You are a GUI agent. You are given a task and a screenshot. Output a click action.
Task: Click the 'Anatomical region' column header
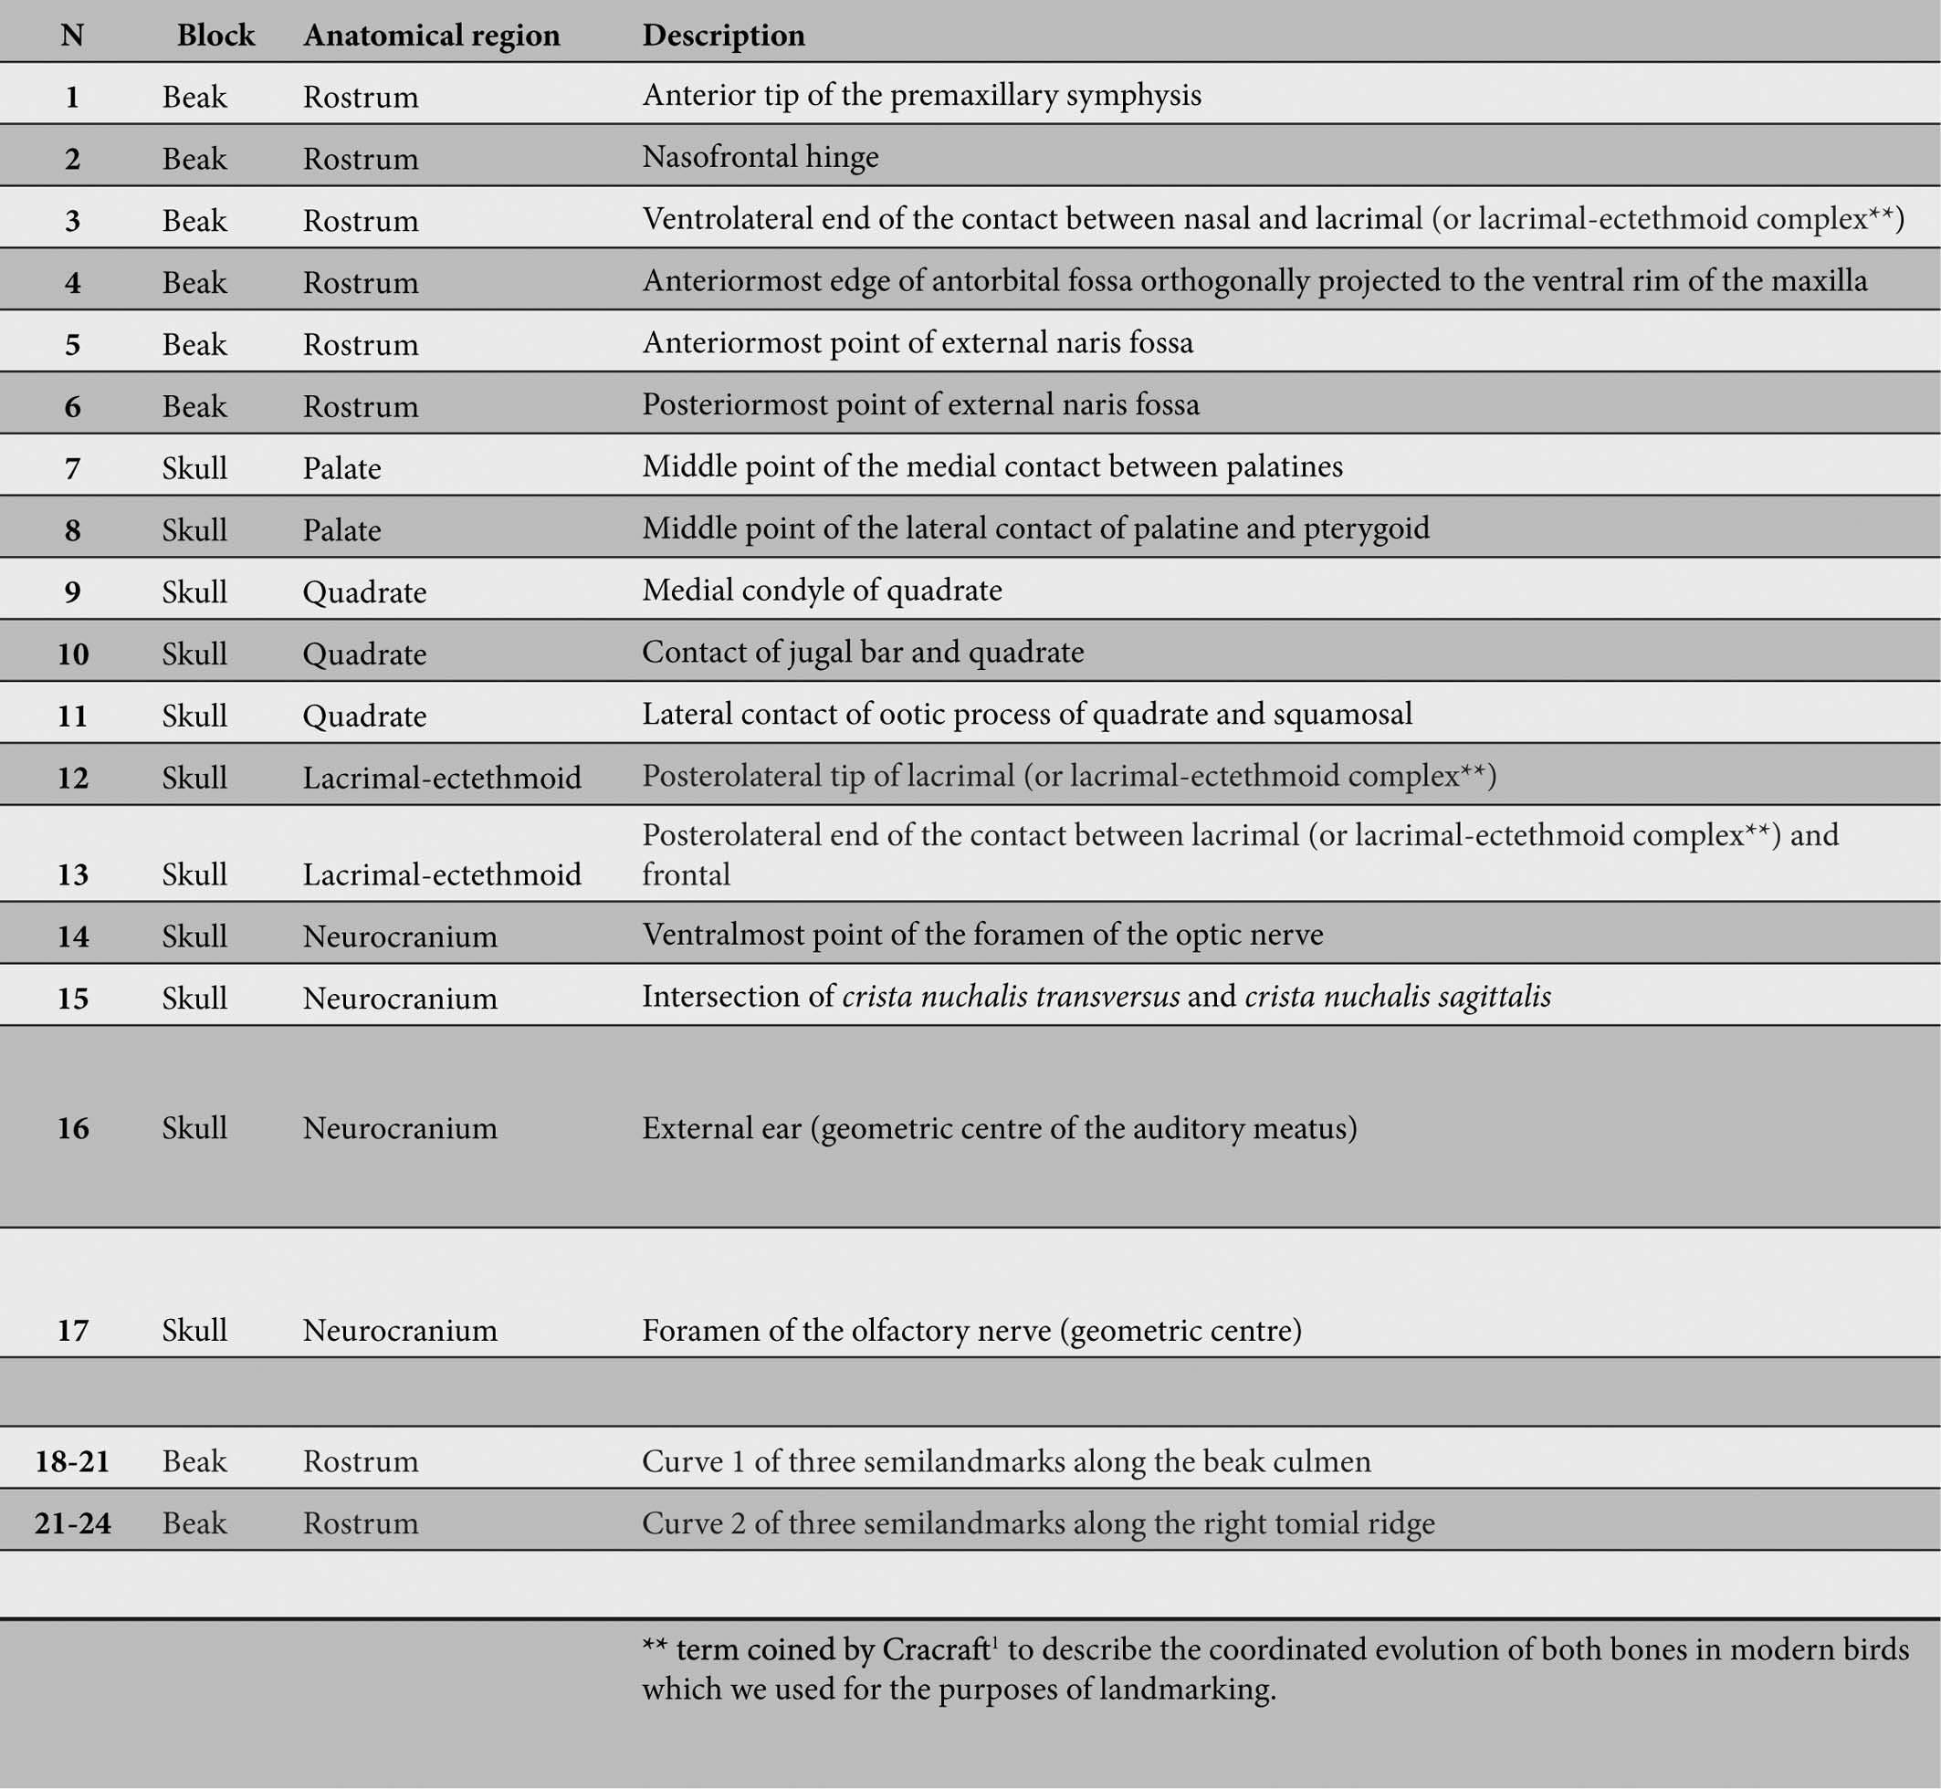pyautogui.click(x=431, y=36)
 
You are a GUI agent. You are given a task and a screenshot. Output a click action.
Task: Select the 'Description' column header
pyautogui.click(x=723, y=36)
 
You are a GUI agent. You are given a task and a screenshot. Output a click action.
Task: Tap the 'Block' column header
pyautogui.click(x=215, y=36)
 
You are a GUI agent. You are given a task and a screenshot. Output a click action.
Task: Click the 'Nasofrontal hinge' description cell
pyautogui.click(x=760, y=157)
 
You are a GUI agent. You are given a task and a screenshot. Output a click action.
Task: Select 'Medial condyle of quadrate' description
pyautogui.click(x=822, y=591)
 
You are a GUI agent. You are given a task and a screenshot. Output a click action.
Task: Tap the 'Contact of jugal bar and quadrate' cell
pyautogui.click(x=863, y=653)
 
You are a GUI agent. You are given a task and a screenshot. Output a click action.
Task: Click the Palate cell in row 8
pyautogui.click(x=341, y=530)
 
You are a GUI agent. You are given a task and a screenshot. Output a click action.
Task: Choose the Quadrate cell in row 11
pyautogui.click(x=364, y=717)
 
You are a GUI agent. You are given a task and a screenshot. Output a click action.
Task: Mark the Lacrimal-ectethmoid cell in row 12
pyautogui.click(x=442, y=779)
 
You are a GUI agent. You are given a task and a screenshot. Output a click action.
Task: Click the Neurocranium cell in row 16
pyautogui.click(x=400, y=1129)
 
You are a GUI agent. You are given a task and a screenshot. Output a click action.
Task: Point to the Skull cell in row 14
pyautogui.click(x=194, y=937)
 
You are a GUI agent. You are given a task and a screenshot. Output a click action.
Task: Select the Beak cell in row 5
pyautogui.click(x=194, y=345)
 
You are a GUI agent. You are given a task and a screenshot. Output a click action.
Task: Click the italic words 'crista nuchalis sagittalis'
pyautogui.click(x=1397, y=997)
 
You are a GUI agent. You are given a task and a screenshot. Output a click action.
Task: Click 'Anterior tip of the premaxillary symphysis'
pyautogui.click(x=921, y=96)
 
